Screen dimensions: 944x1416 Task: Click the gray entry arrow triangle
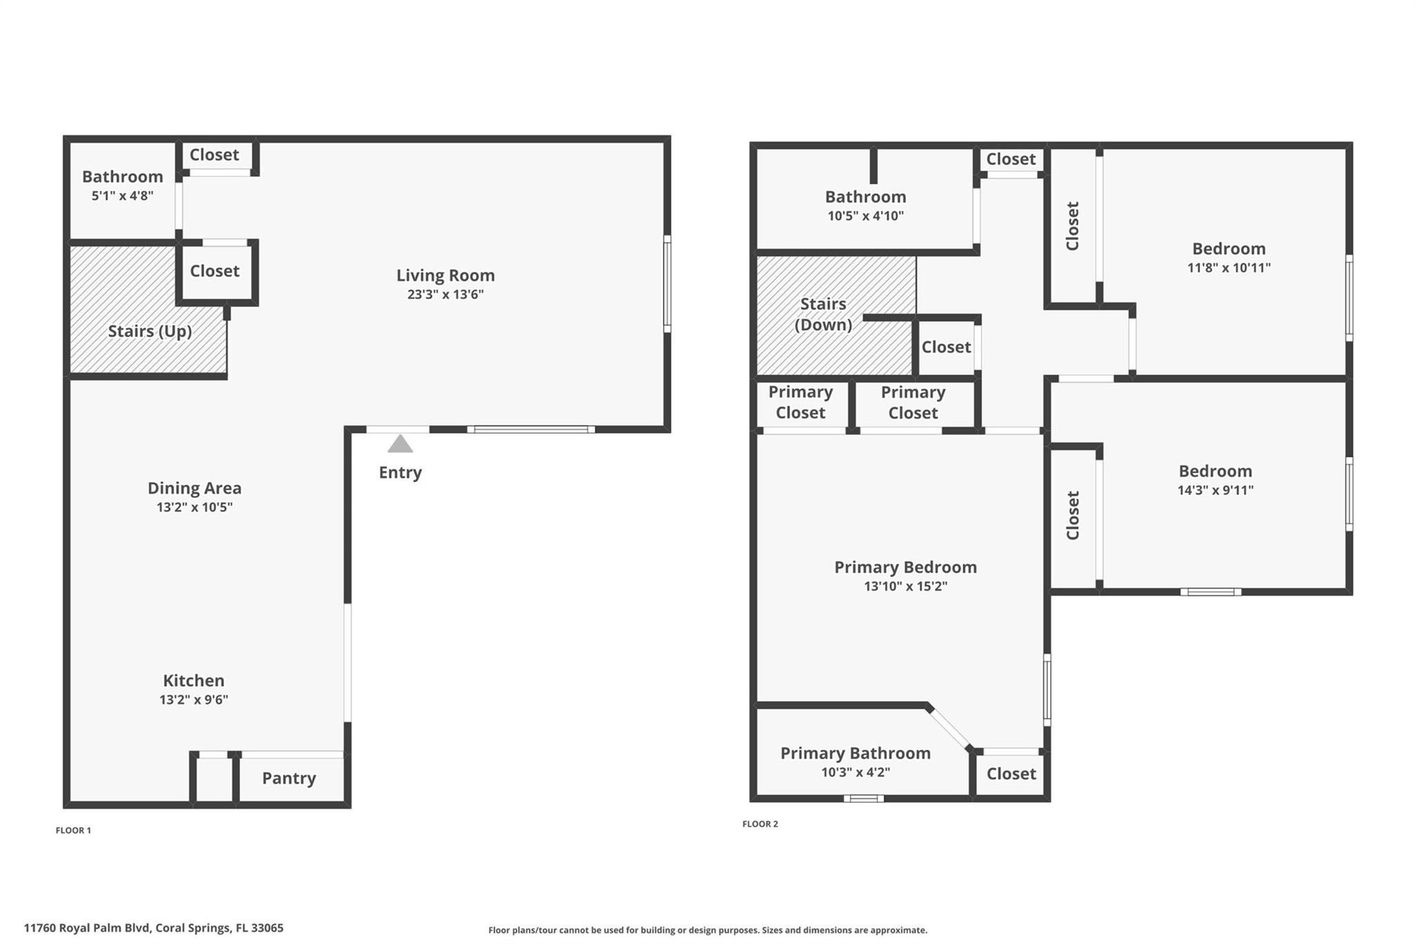[x=400, y=445]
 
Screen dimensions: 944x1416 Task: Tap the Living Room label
[x=445, y=275]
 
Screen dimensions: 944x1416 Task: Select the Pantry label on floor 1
[x=289, y=778]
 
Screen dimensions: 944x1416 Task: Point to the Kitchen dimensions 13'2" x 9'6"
[x=194, y=699]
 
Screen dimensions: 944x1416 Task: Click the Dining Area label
[x=194, y=488]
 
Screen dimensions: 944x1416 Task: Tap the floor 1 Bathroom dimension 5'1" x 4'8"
[x=122, y=196]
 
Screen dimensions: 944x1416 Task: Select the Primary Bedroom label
[x=905, y=567]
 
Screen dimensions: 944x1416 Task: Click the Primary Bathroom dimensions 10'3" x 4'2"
[x=855, y=772]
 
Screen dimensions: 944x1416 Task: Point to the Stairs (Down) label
[x=823, y=314]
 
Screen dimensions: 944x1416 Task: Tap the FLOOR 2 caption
[x=760, y=824]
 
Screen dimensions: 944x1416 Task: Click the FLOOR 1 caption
[x=73, y=830]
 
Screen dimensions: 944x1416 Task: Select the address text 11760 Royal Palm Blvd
[x=153, y=928]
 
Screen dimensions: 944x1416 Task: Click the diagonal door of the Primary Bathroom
[x=949, y=728]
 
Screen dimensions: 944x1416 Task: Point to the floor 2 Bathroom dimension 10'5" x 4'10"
[x=866, y=216]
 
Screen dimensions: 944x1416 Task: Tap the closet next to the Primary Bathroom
[x=1011, y=774]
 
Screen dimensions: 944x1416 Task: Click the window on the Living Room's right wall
[x=667, y=284]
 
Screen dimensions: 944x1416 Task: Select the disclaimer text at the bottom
[x=707, y=930]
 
